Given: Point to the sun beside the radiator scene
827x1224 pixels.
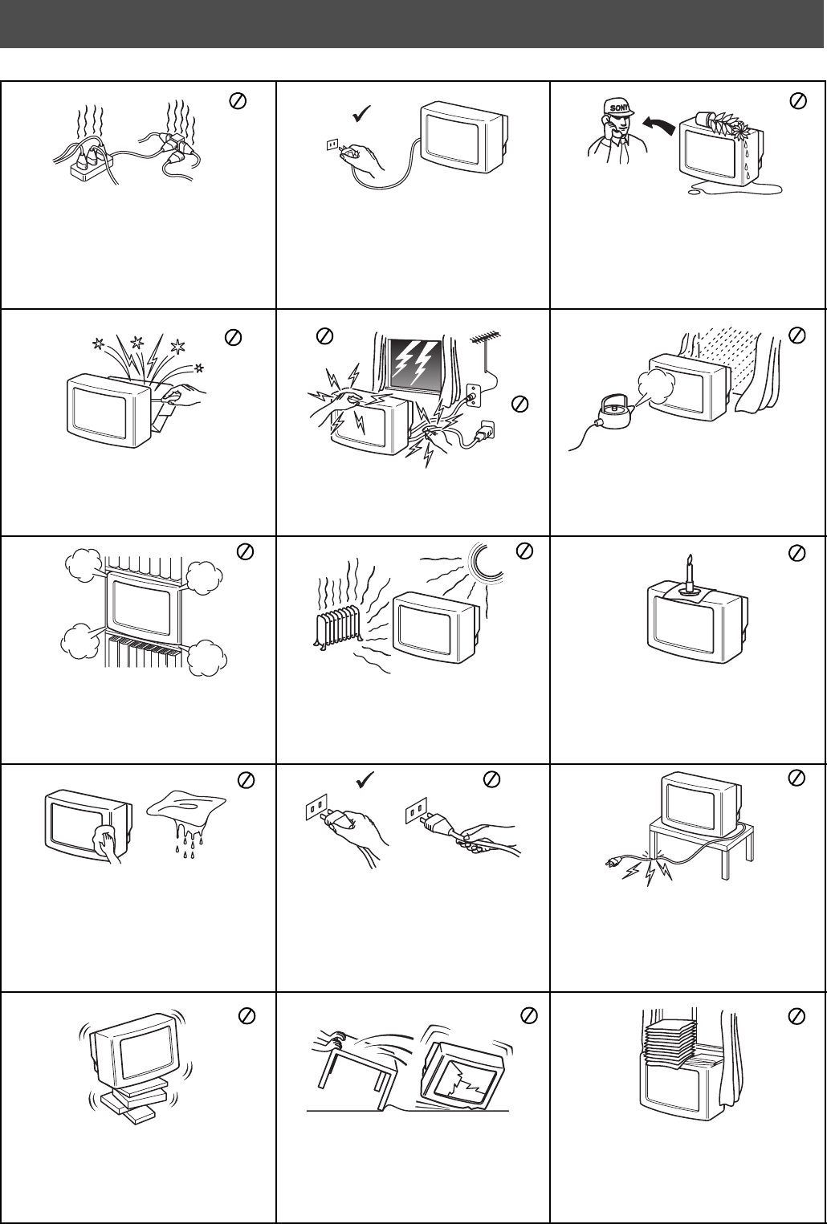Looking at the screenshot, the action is click(x=487, y=563).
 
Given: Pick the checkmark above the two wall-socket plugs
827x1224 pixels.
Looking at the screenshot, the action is click(x=365, y=780).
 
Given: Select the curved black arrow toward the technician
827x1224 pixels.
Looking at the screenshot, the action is click(x=658, y=124).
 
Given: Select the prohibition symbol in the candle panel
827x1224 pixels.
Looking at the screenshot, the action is click(x=797, y=554).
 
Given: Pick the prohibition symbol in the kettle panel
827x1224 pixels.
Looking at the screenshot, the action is click(x=797, y=335).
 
